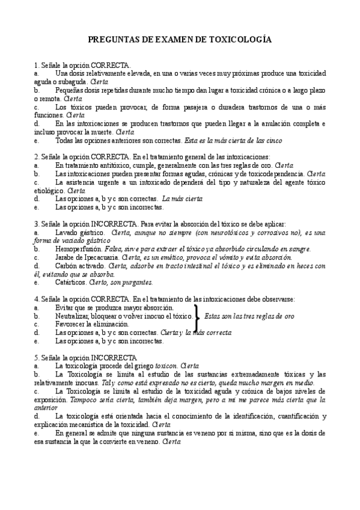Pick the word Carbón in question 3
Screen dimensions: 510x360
click(65, 265)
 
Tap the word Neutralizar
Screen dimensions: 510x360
click(73, 315)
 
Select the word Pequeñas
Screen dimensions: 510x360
click(69, 90)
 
